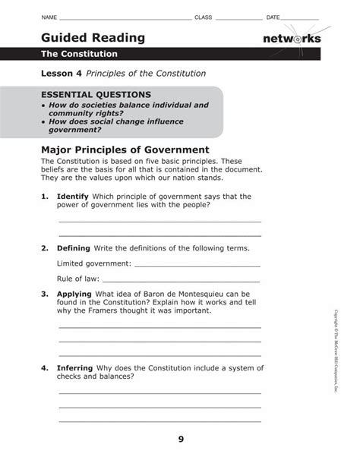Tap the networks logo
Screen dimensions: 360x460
[x=292, y=39]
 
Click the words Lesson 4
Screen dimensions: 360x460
[x=62, y=74]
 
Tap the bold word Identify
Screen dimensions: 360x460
[x=73, y=196]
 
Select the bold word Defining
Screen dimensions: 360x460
[x=73, y=248]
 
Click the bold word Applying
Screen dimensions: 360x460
[x=74, y=294]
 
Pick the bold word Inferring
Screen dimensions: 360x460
[x=74, y=367]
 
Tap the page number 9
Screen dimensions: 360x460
[x=181, y=439]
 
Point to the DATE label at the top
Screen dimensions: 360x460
[x=273, y=17]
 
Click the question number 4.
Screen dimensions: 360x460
[x=45, y=367]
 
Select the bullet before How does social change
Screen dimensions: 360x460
[x=44, y=121]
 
